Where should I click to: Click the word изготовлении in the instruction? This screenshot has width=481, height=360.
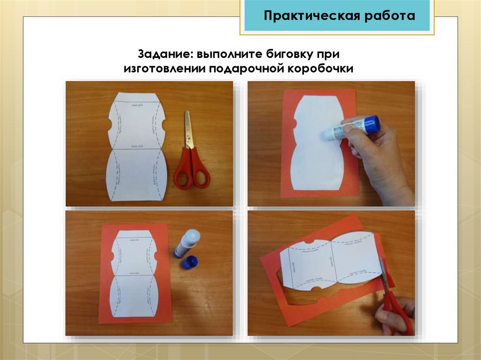click(x=163, y=69)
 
